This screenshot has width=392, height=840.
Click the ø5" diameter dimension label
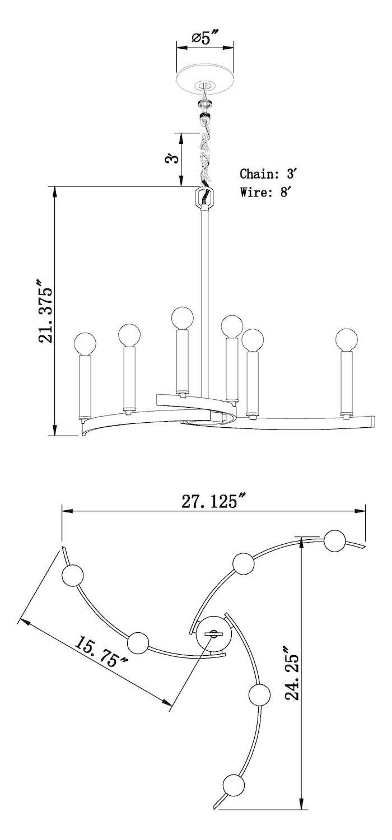[205, 39]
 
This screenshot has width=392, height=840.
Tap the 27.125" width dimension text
[213, 502]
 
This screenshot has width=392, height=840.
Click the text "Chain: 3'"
[268, 174]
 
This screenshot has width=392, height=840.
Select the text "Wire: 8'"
[265, 193]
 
